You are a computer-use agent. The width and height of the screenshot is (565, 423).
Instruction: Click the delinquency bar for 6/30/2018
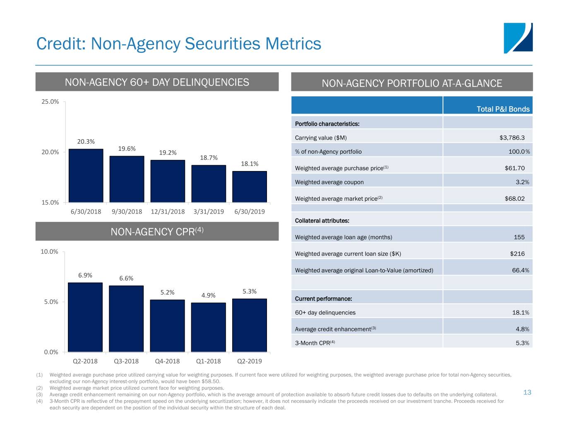coord(86,176)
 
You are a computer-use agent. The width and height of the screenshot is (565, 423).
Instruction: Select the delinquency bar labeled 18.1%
coord(250,187)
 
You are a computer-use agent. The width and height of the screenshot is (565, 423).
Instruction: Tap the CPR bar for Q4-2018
coord(167,326)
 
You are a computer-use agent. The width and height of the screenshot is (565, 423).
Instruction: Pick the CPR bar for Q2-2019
coord(250,325)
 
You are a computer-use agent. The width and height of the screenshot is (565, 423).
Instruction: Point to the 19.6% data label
coord(127,149)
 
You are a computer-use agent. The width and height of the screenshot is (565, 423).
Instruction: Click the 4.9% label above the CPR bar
coord(208,295)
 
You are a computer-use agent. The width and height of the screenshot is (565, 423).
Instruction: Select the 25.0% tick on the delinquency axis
coord(50,102)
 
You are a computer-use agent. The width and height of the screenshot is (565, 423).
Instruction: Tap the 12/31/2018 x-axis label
coord(168,211)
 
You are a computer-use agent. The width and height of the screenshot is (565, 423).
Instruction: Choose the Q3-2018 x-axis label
coord(126,361)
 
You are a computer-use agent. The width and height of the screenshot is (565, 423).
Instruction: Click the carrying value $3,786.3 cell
coord(512,138)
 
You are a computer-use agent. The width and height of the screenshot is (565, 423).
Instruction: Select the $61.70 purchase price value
coord(515,168)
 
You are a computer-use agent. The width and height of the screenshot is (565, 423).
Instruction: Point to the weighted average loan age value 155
coord(519,237)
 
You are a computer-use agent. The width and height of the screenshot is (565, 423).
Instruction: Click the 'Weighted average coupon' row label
coord(329,182)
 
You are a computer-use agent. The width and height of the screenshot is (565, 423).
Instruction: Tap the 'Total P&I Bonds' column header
coord(503,109)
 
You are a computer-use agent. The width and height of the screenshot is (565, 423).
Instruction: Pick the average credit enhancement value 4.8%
coord(522,329)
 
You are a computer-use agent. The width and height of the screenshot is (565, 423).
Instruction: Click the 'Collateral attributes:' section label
coord(322,221)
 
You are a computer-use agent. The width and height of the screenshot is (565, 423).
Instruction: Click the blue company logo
coord(518,38)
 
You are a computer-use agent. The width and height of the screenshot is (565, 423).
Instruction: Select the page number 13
coord(527,392)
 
